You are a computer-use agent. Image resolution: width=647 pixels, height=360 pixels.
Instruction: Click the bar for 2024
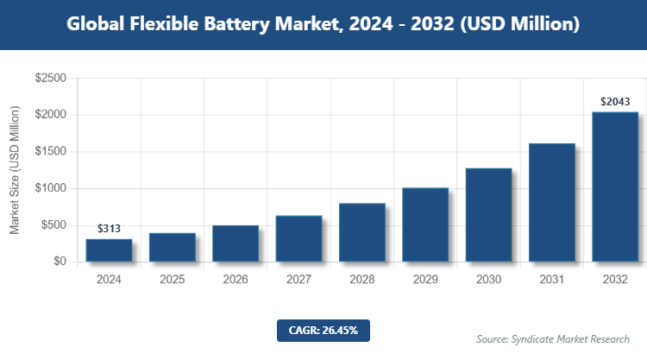click(109, 250)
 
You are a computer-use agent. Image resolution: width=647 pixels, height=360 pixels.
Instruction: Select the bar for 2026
click(236, 243)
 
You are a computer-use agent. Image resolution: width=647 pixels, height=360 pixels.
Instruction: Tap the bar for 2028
click(362, 232)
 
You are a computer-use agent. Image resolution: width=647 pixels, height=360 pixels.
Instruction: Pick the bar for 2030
click(488, 215)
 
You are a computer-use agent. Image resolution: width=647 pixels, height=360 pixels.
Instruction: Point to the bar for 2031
click(552, 202)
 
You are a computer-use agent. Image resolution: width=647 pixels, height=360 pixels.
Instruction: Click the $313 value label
click(109, 229)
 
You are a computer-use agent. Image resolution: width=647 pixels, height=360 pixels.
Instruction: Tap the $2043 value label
click(615, 102)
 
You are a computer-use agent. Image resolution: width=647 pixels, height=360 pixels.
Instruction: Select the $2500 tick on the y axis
click(50, 79)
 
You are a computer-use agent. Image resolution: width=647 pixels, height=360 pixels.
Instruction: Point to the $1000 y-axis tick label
click(50, 188)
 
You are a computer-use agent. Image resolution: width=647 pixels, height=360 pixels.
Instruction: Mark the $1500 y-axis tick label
click(50, 152)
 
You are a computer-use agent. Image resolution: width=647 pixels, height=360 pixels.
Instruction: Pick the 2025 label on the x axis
click(172, 280)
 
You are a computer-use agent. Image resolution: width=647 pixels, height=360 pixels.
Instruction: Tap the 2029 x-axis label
click(425, 280)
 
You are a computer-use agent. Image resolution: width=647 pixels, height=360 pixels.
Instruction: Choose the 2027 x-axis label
click(298, 280)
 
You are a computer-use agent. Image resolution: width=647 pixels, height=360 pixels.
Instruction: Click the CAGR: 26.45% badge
click(323, 330)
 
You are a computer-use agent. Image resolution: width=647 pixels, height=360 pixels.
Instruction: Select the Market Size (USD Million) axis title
click(15, 170)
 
